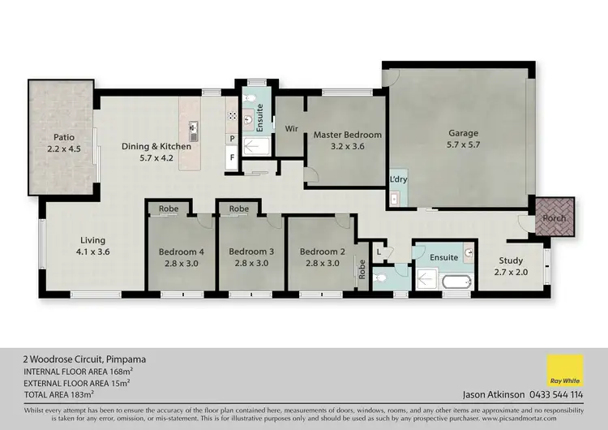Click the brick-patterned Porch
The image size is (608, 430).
[x=555, y=217]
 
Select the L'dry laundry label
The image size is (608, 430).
[x=398, y=178]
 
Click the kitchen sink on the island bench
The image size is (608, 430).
[x=194, y=127]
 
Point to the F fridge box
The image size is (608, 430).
[x=232, y=157]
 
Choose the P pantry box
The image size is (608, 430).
[x=232, y=139]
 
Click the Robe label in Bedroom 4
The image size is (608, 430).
[x=169, y=209]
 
